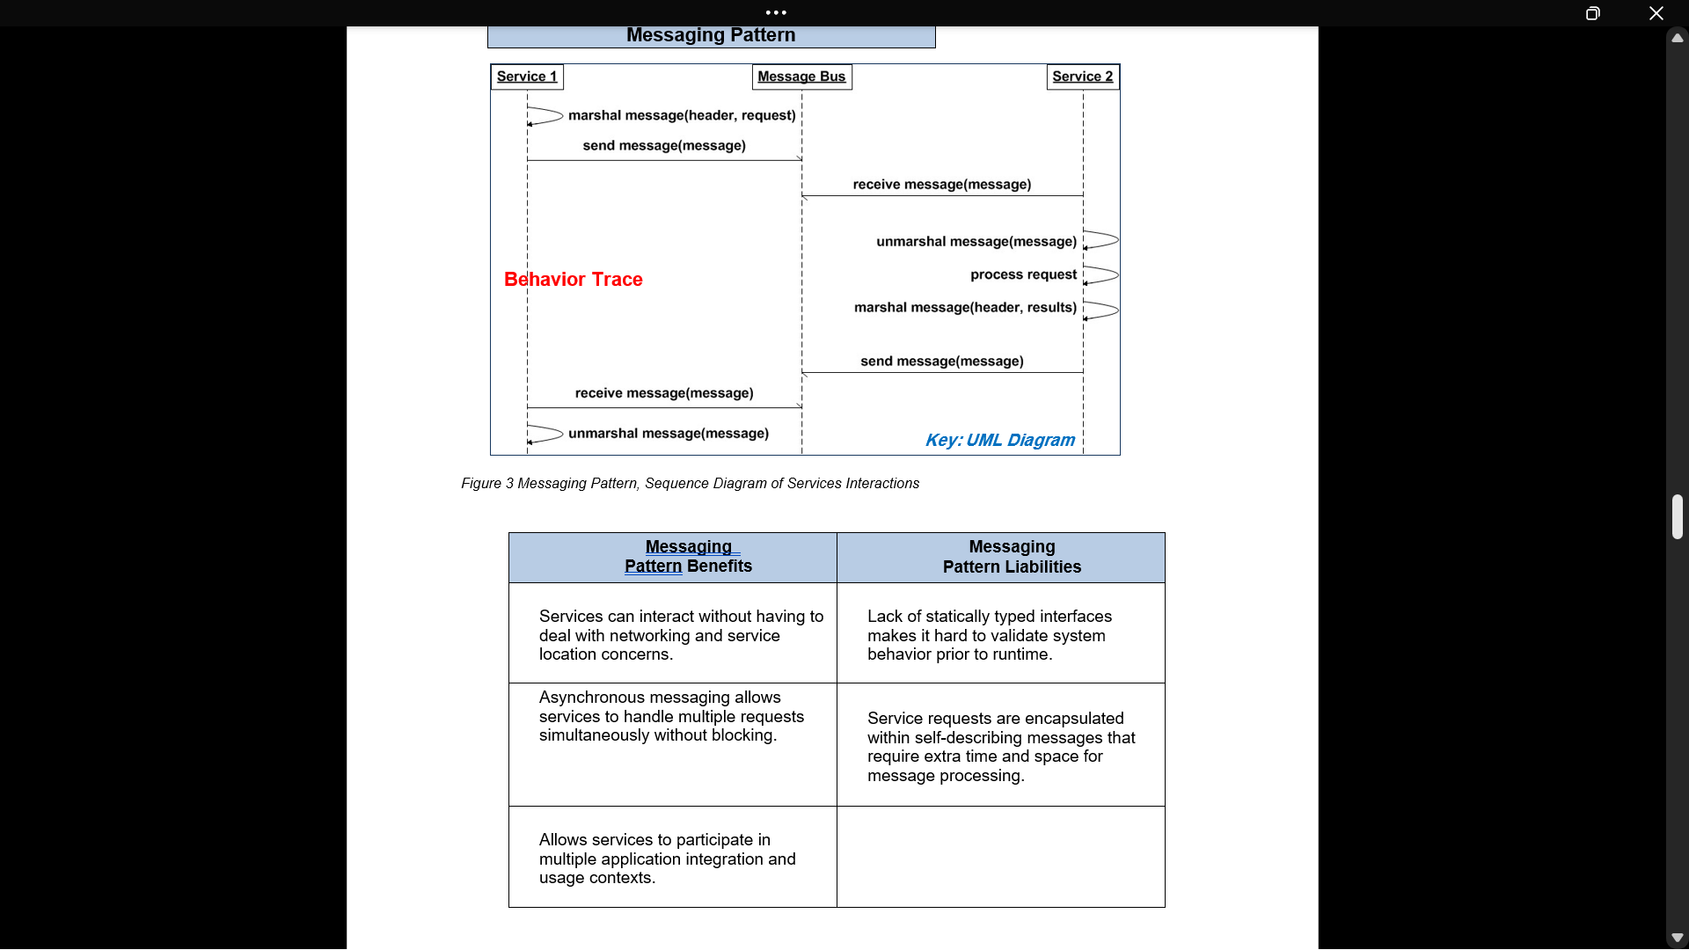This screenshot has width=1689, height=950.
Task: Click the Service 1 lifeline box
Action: (x=527, y=77)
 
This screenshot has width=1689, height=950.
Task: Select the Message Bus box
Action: (x=801, y=77)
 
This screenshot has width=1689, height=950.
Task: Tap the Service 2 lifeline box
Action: (x=1082, y=77)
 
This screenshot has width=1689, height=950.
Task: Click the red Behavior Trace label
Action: (x=573, y=280)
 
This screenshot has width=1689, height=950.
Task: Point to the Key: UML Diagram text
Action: (x=999, y=440)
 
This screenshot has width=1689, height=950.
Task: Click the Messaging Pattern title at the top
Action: (x=711, y=35)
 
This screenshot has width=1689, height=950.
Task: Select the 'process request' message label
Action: (x=1023, y=274)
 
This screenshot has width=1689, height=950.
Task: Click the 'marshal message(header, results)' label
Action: (x=965, y=307)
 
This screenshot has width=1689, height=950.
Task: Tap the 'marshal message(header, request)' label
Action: (x=682, y=115)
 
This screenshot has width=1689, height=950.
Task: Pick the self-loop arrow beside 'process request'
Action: (x=1101, y=275)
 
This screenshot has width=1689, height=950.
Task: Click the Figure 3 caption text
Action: (x=690, y=484)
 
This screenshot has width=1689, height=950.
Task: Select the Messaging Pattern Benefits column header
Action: (x=688, y=557)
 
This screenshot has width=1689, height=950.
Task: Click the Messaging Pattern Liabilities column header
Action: (x=1012, y=557)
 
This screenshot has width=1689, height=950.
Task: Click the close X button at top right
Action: (x=1656, y=13)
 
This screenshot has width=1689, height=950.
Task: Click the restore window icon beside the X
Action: (x=1592, y=13)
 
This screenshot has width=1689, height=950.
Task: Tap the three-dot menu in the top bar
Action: (x=776, y=12)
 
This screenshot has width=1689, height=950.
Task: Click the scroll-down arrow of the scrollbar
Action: (x=1677, y=938)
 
